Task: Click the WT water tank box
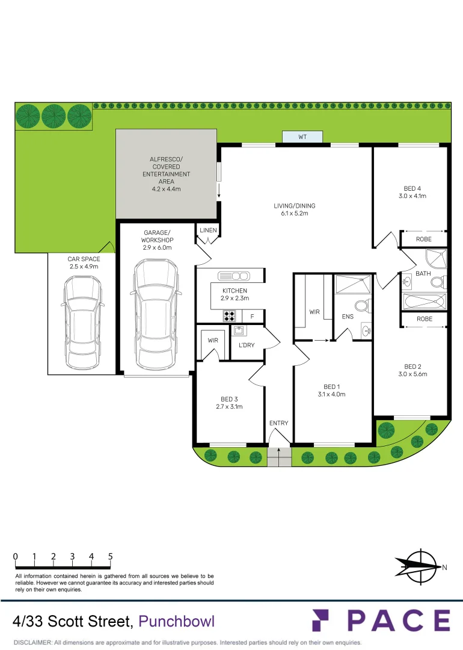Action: tap(302, 137)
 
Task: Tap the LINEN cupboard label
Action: tap(208, 231)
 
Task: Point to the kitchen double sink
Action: tap(234, 276)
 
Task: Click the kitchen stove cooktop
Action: tap(229, 316)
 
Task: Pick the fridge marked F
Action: tap(253, 317)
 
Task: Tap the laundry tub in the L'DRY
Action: tap(239, 330)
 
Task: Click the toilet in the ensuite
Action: tap(363, 306)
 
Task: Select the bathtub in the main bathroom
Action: tap(424, 300)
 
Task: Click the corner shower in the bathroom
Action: tap(435, 259)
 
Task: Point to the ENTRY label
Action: tap(278, 423)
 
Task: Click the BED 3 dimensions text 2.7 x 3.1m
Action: tap(228, 407)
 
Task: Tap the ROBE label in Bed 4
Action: tap(424, 240)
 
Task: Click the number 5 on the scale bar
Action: tap(111, 557)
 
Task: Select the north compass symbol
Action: tap(418, 566)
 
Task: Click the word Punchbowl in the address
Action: tap(176, 621)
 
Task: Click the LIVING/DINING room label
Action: tap(295, 206)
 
